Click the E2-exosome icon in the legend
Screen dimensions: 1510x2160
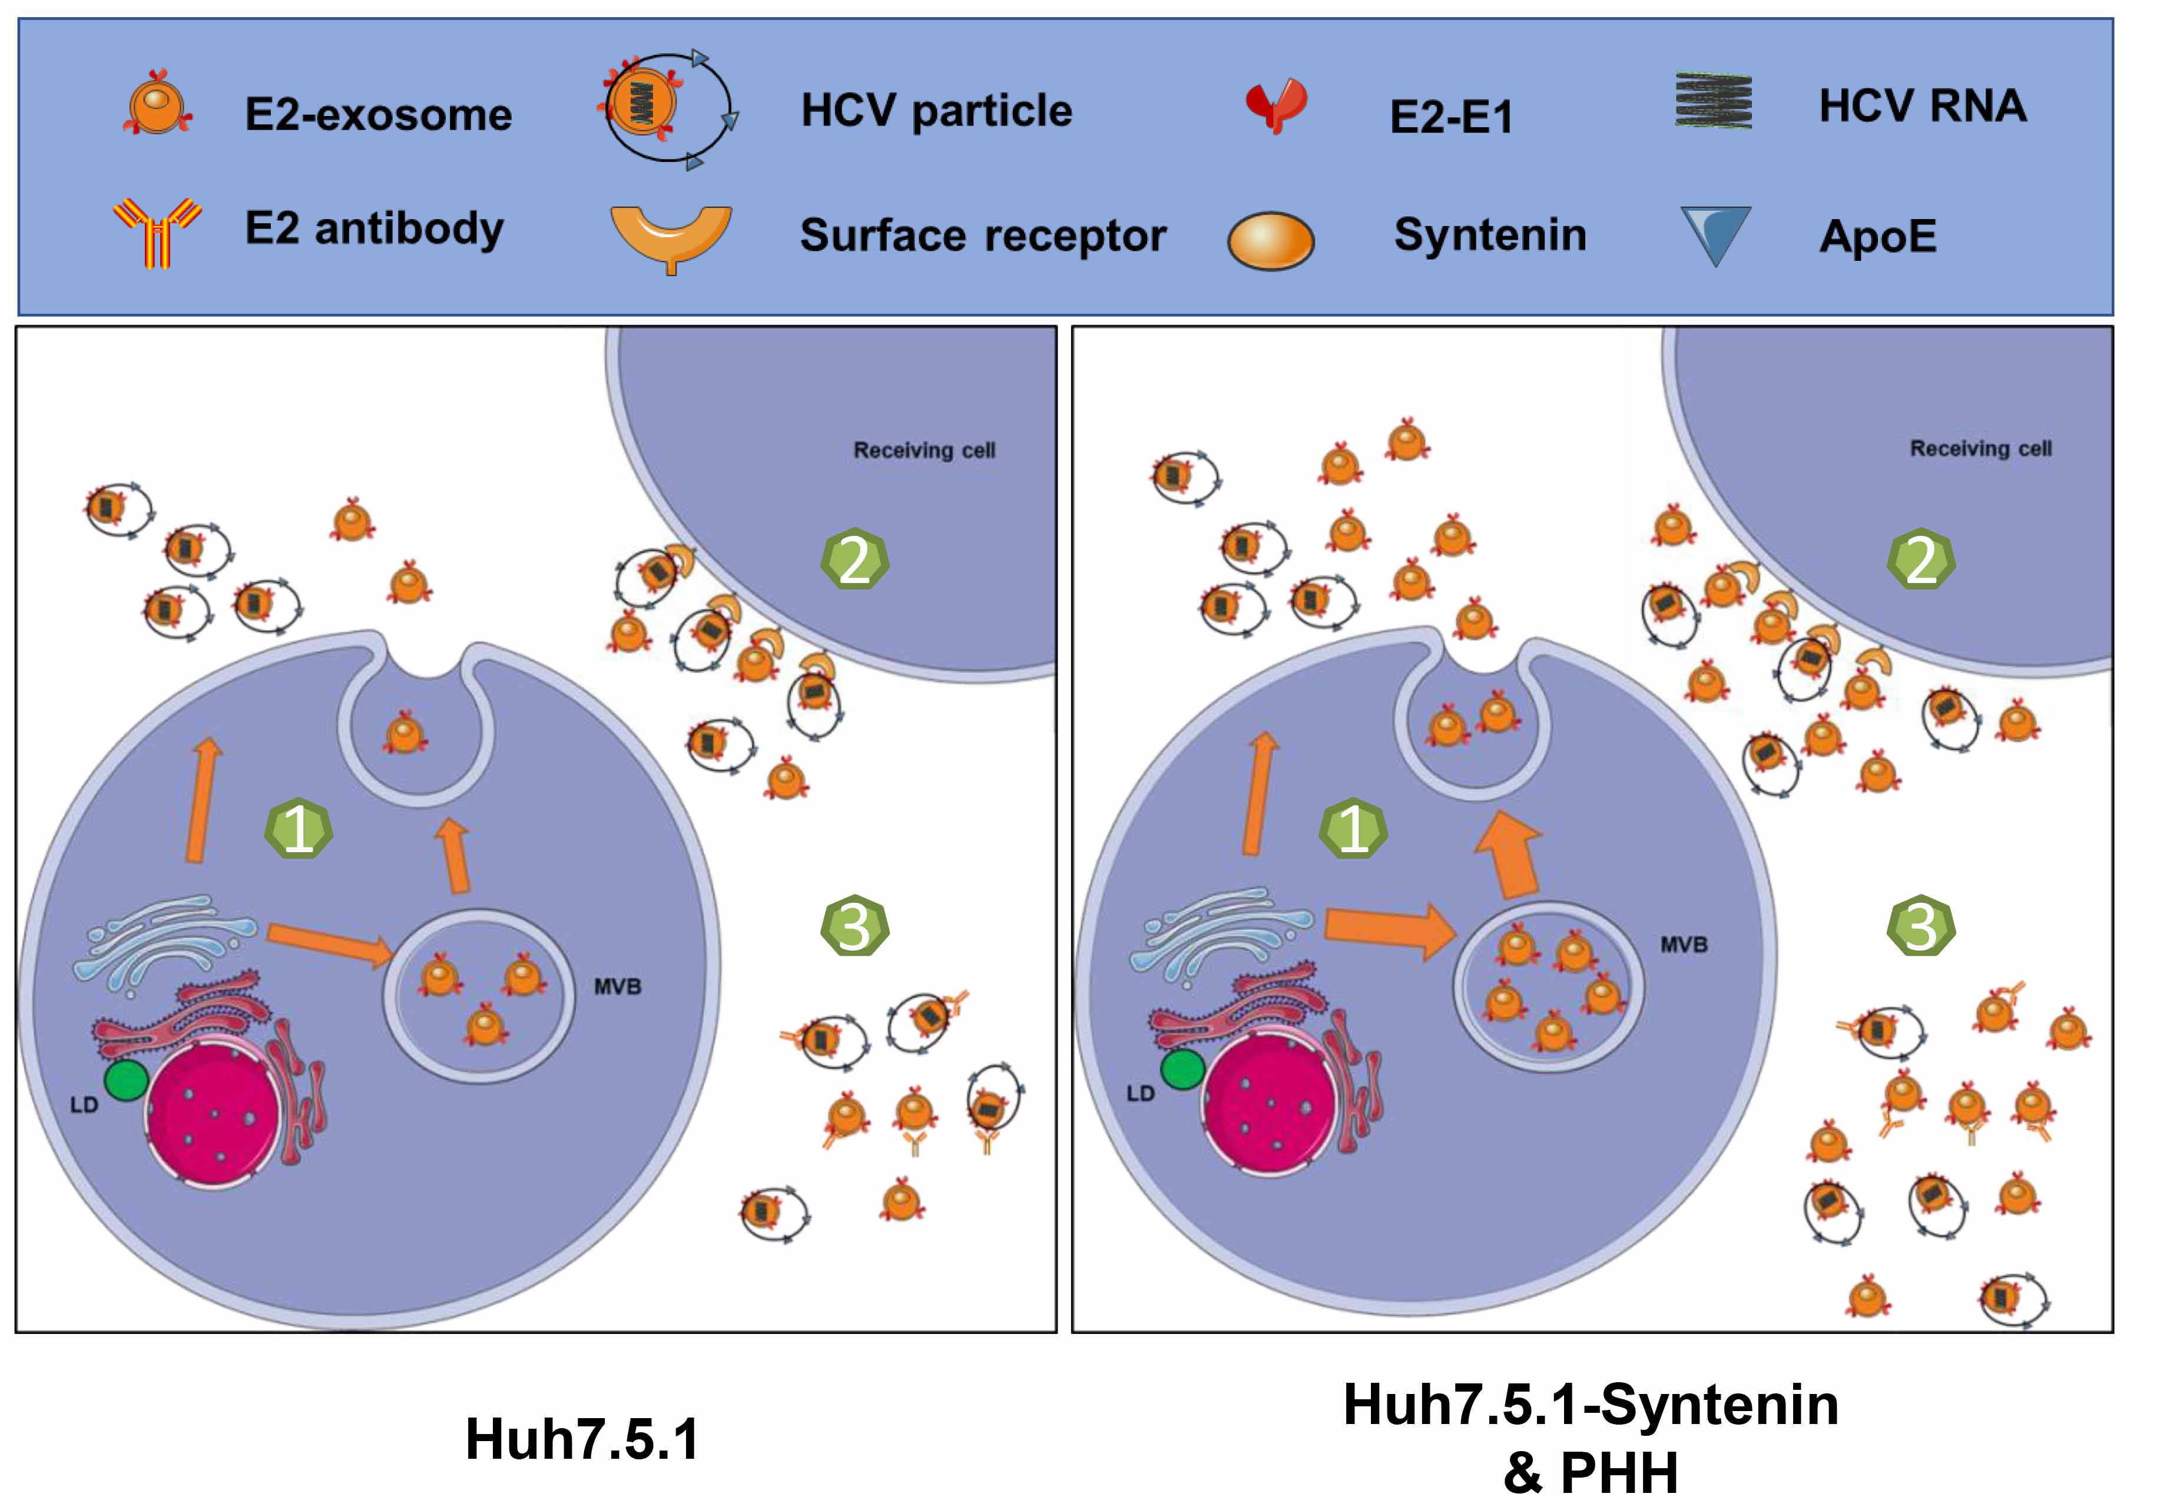click(157, 104)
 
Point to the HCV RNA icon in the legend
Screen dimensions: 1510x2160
click(1713, 101)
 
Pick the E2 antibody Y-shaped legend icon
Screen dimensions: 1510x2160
click(157, 231)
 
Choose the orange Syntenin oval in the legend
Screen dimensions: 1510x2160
click(1271, 241)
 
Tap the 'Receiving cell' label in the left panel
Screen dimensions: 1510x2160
click(924, 451)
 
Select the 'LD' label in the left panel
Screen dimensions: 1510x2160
click(84, 1104)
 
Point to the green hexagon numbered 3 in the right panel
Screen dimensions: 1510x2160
click(1920, 926)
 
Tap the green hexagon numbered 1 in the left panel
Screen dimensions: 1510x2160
click(297, 829)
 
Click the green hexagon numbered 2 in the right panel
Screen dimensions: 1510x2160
click(1920, 560)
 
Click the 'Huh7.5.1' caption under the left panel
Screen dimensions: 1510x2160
click(582, 1439)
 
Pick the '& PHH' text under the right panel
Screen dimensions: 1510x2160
click(1590, 1472)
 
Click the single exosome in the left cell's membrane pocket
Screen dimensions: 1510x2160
click(406, 732)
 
